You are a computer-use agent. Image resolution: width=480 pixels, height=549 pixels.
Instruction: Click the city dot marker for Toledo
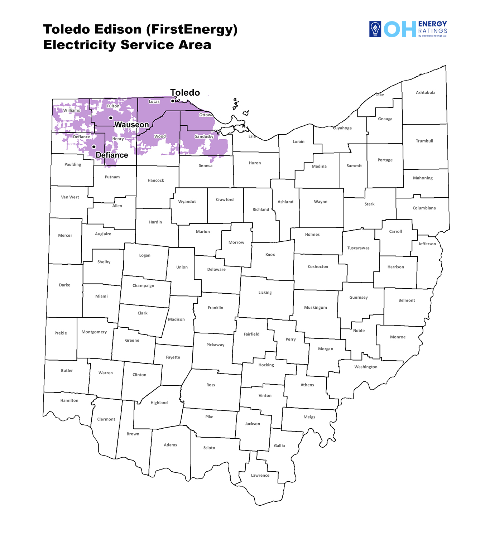(x=173, y=101)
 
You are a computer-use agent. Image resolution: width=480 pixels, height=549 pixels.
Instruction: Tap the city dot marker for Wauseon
(x=111, y=118)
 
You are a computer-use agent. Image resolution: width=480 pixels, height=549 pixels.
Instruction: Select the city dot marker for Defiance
(x=94, y=147)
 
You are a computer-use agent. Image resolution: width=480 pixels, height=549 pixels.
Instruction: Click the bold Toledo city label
(x=185, y=93)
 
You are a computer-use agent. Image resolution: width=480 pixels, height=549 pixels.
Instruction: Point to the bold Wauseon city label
(x=131, y=125)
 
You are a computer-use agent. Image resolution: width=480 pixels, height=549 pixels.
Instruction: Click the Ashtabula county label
(x=426, y=92)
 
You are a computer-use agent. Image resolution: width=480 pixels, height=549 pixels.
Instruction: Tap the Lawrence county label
(x=260, y=476)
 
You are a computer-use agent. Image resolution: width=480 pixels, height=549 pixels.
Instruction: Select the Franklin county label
(x=215, y=308)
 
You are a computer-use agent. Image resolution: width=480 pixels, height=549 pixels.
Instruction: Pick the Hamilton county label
(x=69, y=400)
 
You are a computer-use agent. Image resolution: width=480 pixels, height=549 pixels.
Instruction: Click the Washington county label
(x=366, y=367)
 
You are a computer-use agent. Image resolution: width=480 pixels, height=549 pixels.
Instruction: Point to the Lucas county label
(x=154, y=102)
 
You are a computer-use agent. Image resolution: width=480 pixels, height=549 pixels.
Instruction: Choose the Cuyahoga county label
(x=342, y=128)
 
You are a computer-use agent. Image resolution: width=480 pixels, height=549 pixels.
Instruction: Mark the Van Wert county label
(x=70, y=197)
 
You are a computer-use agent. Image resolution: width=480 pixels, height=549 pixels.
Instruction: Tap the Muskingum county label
(x=315, y=308)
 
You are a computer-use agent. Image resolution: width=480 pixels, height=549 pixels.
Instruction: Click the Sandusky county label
(x=204, y=136)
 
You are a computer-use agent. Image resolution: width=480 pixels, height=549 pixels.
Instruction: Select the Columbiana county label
(x=424, y=208)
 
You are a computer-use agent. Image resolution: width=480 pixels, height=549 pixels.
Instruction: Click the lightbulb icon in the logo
(x=375, y=29)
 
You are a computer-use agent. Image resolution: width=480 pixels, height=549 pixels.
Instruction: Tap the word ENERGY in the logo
(x=432, y=24)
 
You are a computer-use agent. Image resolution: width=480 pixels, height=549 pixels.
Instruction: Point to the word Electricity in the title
(x=80, y=45)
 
